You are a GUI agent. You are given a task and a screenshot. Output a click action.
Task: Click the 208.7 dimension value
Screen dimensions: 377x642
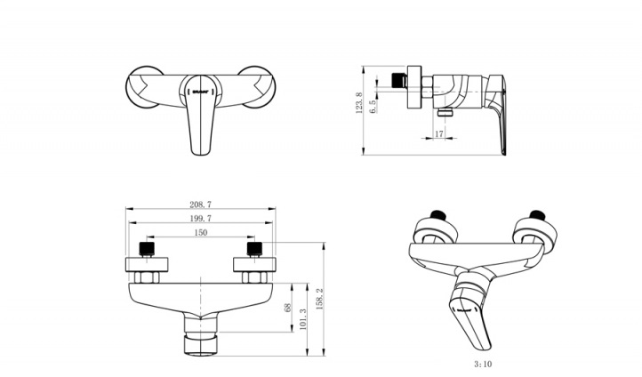201,205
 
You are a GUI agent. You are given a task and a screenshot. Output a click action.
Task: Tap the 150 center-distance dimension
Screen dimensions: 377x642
201,232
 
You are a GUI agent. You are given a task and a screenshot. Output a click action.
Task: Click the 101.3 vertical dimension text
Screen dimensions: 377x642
304,318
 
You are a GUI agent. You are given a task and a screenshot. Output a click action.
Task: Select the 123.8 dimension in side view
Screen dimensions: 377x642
359,104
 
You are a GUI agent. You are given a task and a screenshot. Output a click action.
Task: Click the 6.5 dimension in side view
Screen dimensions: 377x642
373,104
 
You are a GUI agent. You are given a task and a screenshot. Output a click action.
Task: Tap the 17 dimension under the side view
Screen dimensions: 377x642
438,134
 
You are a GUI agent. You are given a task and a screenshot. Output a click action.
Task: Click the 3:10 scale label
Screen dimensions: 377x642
484,363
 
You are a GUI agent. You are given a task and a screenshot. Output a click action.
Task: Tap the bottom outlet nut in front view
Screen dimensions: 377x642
201,341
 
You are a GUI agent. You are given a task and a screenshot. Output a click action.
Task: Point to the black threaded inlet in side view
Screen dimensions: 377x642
385,79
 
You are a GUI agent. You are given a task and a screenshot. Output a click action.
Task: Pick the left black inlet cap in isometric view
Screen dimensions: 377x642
437,214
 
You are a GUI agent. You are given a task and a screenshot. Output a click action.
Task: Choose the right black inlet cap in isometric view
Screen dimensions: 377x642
535,214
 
